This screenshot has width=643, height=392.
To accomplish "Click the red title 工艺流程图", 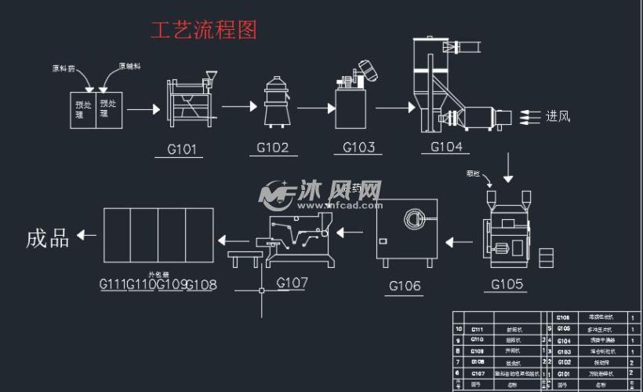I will tap(204, 30).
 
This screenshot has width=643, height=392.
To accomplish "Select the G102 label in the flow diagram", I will tap(273, 148).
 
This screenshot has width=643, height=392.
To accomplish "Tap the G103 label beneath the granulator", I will tap(358, 147).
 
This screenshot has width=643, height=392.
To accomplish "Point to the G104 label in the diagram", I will tap(446, 147).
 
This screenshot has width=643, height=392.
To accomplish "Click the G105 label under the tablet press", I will tap(507, 284).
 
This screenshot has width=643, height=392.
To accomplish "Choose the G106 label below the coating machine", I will tap(405, 286).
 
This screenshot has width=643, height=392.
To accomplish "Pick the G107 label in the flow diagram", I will tap(292, 283).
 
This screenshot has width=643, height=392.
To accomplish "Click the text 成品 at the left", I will tap(48, 238).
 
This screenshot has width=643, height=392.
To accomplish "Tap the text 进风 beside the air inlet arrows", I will tap(558, 117).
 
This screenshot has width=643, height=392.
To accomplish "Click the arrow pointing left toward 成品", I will tap(87, 235).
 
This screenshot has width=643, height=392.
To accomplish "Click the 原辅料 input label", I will tap(129, 67).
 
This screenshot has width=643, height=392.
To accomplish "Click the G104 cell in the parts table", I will tap(564, 341).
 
